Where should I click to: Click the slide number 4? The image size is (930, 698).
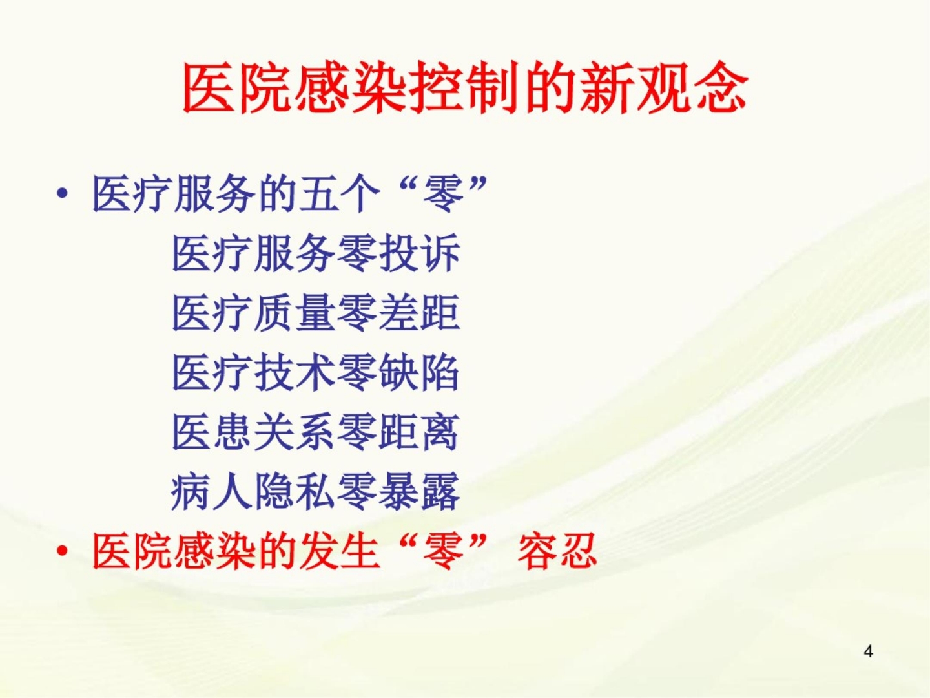coord(868,651)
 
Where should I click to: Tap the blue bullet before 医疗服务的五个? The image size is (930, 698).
coord(62,195)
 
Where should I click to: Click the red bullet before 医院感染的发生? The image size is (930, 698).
coord(62,552)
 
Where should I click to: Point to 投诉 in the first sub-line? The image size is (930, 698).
coord(419,253)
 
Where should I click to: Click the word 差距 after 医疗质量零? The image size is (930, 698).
coord(419,313)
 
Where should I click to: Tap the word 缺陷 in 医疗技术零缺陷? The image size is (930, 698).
coord(419,373)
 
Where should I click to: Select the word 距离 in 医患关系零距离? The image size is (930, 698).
coord(419,432)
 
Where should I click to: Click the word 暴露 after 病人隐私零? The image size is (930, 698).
coord(419,492)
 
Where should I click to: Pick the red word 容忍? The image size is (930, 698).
coord(557,552)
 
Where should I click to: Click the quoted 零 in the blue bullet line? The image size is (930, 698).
coord(443,194)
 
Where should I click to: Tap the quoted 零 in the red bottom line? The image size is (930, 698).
coord(443,552)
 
